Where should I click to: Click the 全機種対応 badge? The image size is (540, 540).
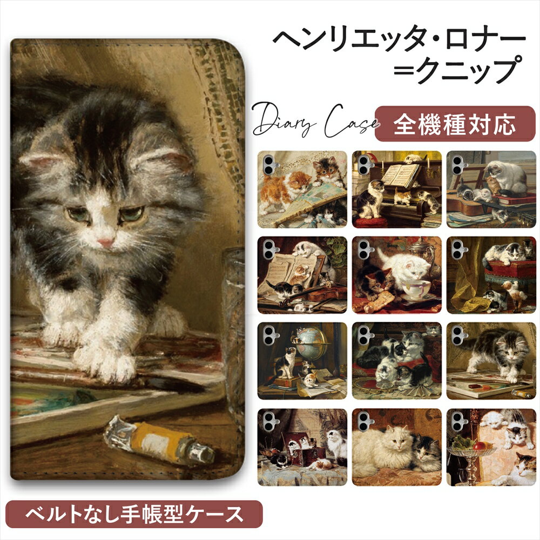455,124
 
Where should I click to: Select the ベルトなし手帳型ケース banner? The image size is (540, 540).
134,514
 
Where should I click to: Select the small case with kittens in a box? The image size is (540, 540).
302,447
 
